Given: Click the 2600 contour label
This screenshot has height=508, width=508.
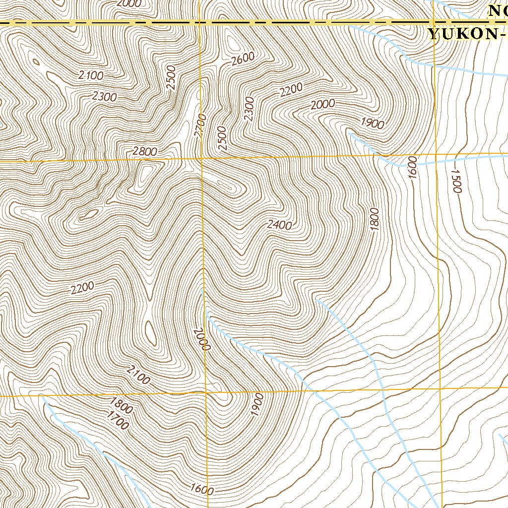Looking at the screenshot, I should click(243, 59).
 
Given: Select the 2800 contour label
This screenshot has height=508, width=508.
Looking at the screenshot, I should click(145, 152).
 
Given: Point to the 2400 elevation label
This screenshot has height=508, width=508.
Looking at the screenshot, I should click(279, 225).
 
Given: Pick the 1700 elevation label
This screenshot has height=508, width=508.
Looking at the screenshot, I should click(117, 422).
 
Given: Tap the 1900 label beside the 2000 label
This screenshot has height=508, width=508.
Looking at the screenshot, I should click(373, 123).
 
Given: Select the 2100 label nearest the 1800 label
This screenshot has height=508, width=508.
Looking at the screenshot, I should click(138, 376).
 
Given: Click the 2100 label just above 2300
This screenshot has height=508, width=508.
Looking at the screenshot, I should click(91, 76).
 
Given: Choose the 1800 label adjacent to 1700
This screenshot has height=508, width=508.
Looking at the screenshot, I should click(121, 406).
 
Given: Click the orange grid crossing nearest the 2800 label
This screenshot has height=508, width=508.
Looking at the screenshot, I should click(201, 159).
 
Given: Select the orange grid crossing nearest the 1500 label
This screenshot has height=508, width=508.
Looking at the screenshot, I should click(436, 155).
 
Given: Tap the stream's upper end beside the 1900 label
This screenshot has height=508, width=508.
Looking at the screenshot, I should click(349, 132).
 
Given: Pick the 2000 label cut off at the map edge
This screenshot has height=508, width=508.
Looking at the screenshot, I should click(129, 3).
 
